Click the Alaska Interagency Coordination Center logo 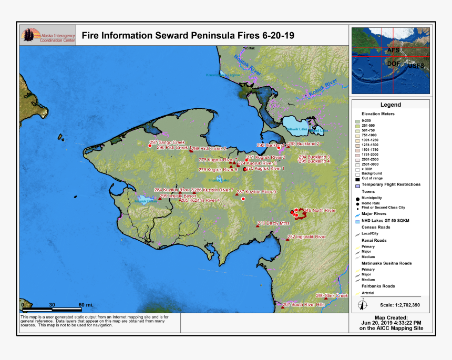coord(48,35)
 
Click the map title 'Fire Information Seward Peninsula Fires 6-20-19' coord(188,36)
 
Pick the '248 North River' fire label coord(319,210)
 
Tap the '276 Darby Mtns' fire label coord(273,223)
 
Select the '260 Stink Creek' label coord(332,295)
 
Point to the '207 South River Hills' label coord(304,305)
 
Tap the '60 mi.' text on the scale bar coord(86,305)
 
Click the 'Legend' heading coord(391,105)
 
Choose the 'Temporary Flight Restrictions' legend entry coord(391,184)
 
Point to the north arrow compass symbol coord(362,304)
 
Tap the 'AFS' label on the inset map coord(393,50)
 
